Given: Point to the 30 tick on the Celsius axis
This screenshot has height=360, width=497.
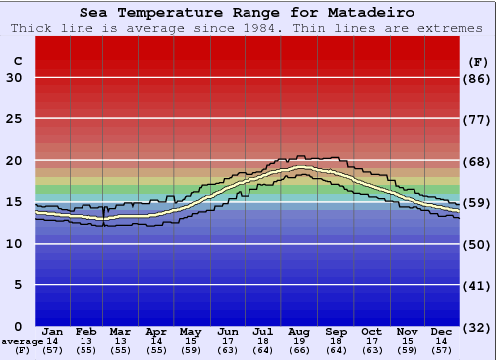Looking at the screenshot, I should click(14, 78).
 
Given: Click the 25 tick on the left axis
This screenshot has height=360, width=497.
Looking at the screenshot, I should click(14, 119).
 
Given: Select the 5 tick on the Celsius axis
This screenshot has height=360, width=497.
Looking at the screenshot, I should click(18, 285).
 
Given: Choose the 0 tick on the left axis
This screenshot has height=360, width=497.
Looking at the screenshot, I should click(18, 326).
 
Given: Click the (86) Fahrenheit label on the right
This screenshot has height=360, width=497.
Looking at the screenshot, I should click(478, 78).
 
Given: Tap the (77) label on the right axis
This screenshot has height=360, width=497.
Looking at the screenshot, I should click(478, 119).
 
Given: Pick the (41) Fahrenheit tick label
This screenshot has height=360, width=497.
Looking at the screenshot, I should click(478, 285).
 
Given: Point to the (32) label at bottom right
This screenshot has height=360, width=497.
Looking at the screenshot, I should click(478, 327).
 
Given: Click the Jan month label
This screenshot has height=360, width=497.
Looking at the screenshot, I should click(53, 331).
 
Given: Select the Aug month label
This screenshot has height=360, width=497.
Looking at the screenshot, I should click(299, 331).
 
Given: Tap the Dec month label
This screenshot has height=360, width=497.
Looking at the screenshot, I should click(441, 331).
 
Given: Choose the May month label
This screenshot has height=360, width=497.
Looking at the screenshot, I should click(190, 331).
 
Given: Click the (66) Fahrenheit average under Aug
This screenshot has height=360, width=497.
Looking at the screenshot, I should click(299, 350).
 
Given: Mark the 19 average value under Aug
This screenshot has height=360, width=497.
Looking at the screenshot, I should click(299, 341).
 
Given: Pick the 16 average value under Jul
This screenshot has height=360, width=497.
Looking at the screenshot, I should click(263, 341).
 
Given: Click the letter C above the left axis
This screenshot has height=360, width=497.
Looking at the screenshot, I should click(17, 61).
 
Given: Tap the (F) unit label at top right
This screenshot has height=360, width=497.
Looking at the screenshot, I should click(477, 61).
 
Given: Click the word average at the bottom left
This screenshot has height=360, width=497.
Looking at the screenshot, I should click(22, 341).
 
